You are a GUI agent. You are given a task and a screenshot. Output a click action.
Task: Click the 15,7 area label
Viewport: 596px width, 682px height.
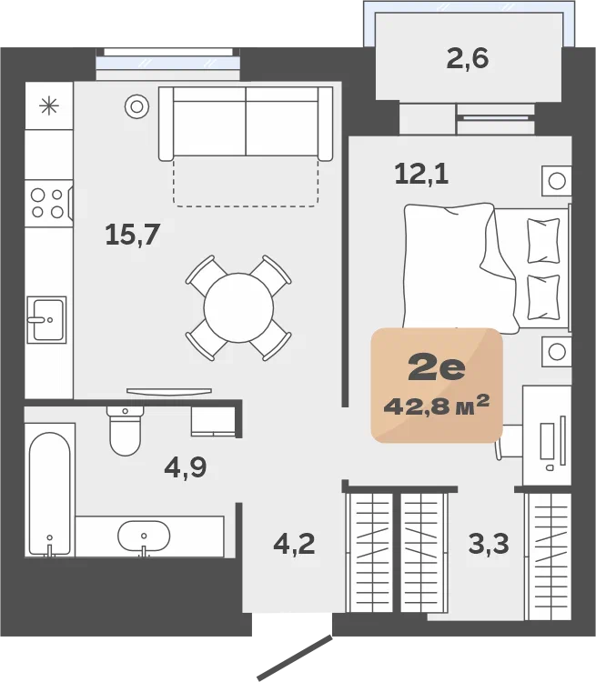tap(133, 235)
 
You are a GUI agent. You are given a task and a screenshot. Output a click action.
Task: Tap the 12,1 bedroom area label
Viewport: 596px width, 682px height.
tap(421, 174)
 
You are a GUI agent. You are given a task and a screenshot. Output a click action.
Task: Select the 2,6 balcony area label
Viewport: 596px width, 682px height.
tap(468, 59)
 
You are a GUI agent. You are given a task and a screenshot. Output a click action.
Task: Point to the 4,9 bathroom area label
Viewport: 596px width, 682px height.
tap(186, 467)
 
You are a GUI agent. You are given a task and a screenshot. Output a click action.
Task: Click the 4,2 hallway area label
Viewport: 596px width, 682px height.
tap(294, 544)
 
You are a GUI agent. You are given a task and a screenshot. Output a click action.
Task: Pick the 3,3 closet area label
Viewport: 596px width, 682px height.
tap(489, 544)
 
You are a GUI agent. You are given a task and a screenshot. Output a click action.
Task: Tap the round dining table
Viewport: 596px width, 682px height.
tap(238, 308)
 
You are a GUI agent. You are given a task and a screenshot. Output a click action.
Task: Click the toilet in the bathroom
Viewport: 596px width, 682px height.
tap(126, 431)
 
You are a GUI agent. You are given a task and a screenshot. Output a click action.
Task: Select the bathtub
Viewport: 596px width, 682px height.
tap(50, 494)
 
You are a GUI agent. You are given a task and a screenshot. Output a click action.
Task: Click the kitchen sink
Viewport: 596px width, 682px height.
tap(46, 320)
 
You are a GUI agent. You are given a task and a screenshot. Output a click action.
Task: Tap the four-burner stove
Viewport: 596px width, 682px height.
tap(48, 204)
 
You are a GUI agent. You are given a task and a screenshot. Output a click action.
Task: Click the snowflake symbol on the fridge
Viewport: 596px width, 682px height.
tap(49, 105)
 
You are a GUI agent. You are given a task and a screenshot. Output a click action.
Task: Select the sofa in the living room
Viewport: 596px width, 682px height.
tap(246, 124)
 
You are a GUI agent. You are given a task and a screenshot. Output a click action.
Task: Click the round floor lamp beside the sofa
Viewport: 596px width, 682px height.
tap(137, 106)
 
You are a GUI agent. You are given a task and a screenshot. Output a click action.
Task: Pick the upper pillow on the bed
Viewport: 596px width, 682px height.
tap(543, 241)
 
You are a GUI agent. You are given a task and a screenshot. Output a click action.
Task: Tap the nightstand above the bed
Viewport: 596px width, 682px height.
tap(556, 181)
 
